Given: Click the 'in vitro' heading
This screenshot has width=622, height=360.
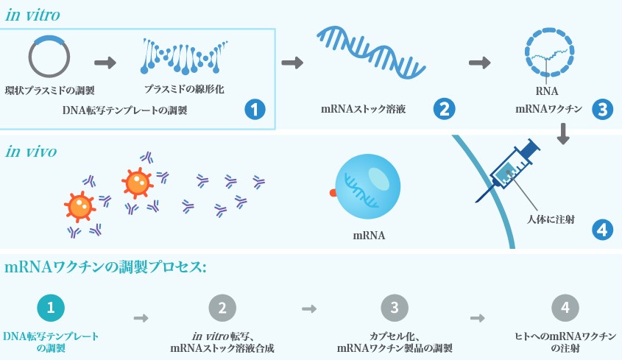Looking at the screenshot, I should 33,15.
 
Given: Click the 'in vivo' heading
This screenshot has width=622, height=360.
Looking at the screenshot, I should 31,152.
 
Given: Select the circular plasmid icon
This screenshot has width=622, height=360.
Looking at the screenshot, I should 49,56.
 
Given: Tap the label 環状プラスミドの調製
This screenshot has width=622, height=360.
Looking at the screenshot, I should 50,91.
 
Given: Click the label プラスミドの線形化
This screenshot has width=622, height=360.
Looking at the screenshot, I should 184,89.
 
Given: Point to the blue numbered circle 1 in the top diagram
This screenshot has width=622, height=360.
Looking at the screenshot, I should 254,110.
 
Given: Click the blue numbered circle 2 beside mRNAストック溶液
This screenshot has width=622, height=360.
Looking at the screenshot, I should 444,110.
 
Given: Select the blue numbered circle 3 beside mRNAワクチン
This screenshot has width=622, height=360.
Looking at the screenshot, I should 603,110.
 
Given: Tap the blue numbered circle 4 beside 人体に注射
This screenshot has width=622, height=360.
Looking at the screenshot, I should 603,229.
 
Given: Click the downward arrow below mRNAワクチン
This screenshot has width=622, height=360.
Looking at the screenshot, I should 563,133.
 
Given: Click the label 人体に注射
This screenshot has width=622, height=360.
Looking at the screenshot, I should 551,219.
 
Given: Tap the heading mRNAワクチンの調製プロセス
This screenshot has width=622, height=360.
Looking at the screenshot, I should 105,267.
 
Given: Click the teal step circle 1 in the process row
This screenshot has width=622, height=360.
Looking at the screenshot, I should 50,308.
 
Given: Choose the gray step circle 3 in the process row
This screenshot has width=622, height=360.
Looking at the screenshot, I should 394,308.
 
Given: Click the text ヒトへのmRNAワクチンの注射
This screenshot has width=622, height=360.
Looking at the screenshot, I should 565,342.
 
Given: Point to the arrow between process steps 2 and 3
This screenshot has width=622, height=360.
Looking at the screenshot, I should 309,308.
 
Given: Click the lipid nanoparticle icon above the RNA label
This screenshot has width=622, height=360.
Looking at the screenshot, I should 548,54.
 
